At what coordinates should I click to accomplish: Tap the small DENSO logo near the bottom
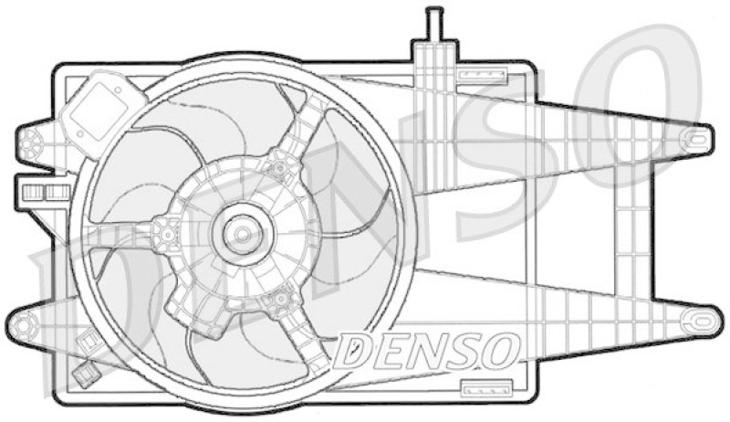click(x=428, y=347)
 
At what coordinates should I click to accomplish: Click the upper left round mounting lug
click(x=30, y=141)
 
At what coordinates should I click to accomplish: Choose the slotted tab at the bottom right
click(x=480, y=387)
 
